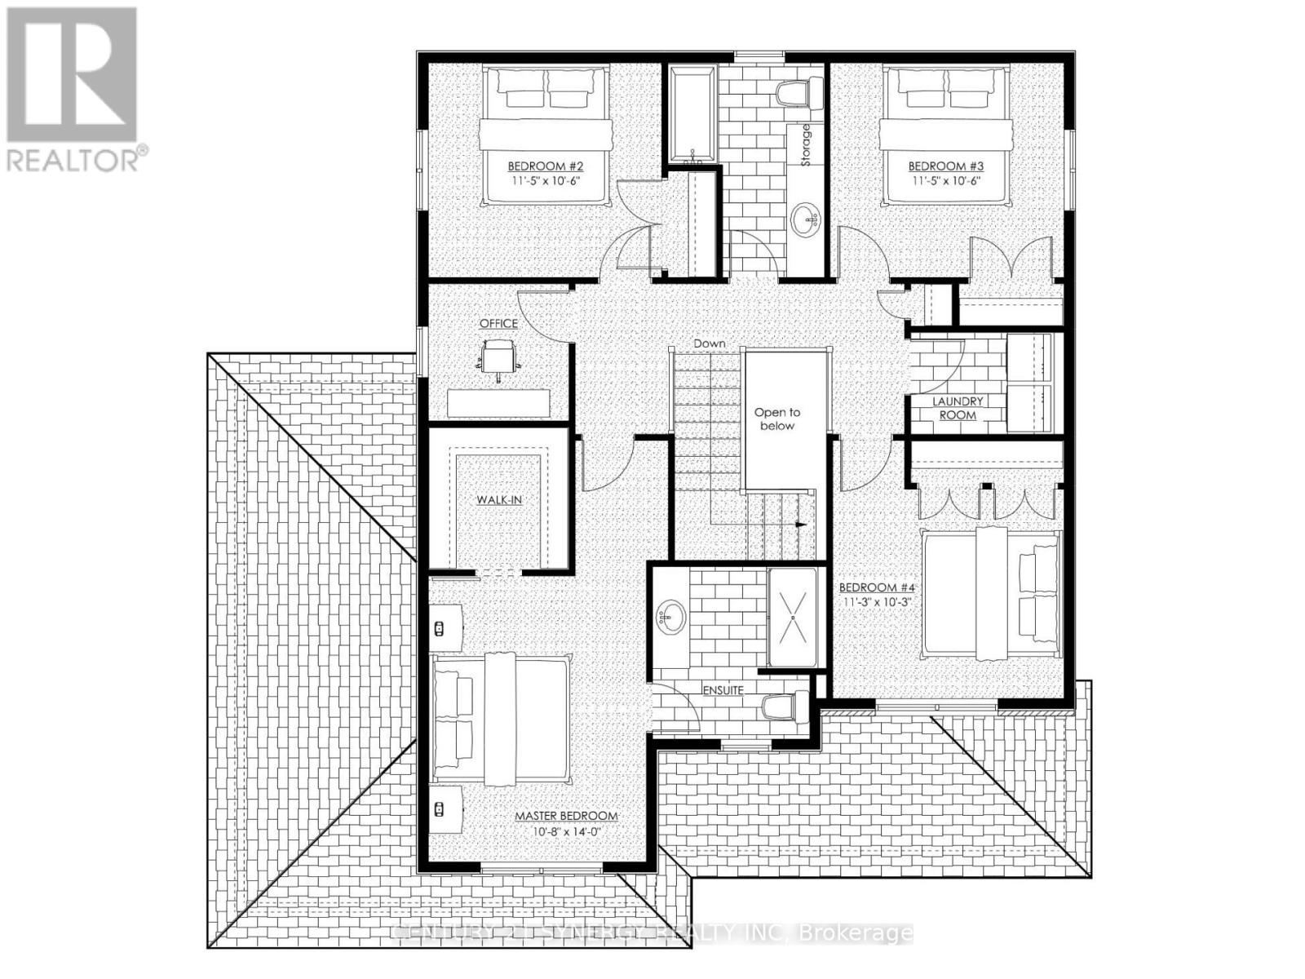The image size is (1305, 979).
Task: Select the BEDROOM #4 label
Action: tap(878, 587)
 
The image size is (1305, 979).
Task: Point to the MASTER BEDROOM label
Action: tap(566, 816)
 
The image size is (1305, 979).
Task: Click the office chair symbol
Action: tap(498, 357)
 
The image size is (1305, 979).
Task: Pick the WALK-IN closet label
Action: tap(499, 499)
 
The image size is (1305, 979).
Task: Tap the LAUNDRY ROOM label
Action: tap(958, 408)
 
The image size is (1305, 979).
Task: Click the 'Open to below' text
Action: tap(776, 419)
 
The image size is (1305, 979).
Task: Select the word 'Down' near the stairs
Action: tap(709, 343)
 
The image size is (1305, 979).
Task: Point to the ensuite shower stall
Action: tap(791, 618)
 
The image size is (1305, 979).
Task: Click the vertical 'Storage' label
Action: tap(807, 145)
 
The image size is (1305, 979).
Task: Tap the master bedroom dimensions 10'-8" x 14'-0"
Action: tap(566, 831)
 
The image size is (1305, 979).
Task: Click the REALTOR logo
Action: tap(73, 90)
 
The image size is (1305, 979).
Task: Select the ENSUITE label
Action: tap(723, 690)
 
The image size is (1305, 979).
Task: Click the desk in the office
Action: tap(498, 403)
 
